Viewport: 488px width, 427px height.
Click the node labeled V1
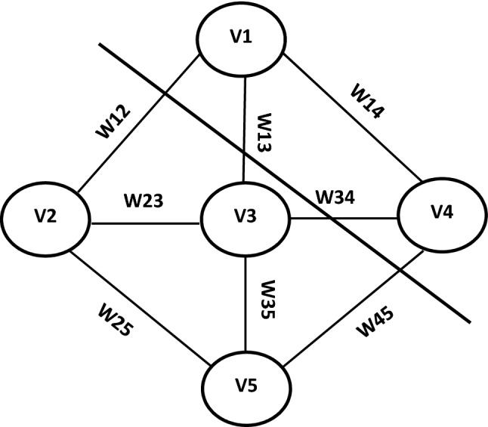pyautogui.click(x=242, y=39)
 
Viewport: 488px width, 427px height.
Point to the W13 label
pyautogui.click(x=264, y=134)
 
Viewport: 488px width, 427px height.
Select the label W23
pyautogui.click(x=143, y=201)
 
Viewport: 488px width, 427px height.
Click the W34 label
pyautogui.click(x=335, y=198)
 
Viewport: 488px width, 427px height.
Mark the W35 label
pyautogui.click(x=265, y=301)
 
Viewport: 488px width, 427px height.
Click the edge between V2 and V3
pyautogui.click(x=144, y=223)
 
